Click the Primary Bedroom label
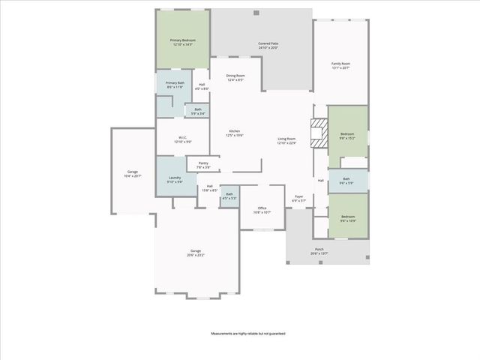pyautogui.click(x=181, y=43)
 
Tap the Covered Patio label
pyautogui.click(x=268, y=46)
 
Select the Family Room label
pyautogui.click(x=341, y=66)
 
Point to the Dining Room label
pyautogui.click(x=235, y=78)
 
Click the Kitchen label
pyautogui.click(x=235, y=133)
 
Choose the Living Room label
pyautogui.click(x=286, y=140)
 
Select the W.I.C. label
pyautogui.click(x=182, y=140)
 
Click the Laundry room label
pyautogui.click(x=174, y=180)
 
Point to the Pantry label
pyautogui.click(x=203, y=165)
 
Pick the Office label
pyautogui.click(x=262, y=210)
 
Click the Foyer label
pyautogui.click(x=298, y=199)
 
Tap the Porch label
pyautogui.click(x=319, y=251)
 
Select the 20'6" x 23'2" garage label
pyautogui.click(x=196, y=253)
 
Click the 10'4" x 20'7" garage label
pyautogui.click(x=133, y=174)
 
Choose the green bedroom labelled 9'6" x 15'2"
pyautogui.click(x=347, y=136)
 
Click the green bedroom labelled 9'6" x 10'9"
pyautogui.click(x=347, y=218)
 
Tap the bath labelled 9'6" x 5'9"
pyautogui.click(x=346, y=181)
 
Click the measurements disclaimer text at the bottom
pyautogui.click(x=248, y=333)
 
